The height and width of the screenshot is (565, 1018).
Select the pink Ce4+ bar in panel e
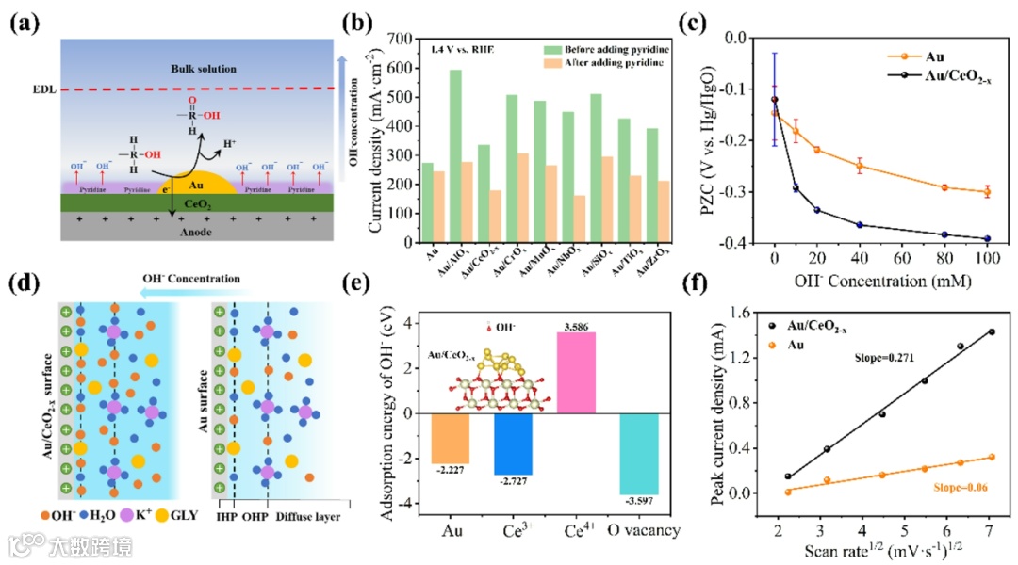576,372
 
